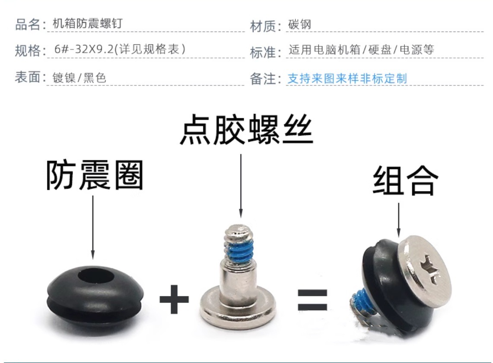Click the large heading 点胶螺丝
[246, 130]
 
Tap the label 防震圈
[95, 175]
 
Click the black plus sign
[174, 299]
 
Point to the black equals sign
[312, 300]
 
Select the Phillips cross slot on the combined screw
[430, 270]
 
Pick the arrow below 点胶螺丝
[241, 185]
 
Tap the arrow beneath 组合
[399, 220]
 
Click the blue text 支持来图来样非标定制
[347, 78]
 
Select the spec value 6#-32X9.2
[84, 49]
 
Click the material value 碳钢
[299, 25]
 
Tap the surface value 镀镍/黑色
[79, 77]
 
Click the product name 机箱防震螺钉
[87, 23]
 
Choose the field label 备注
[263, 79]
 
